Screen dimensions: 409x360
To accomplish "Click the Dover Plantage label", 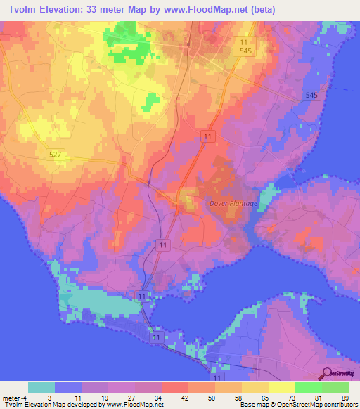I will [x=233, y=204].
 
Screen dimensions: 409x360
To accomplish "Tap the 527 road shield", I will [x=56, y=153].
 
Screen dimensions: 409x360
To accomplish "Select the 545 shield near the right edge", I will [x=312, y=94].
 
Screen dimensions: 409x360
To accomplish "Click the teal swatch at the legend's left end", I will [x=41, y=387].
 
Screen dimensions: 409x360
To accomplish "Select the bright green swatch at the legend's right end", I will [x=335, y=387].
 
